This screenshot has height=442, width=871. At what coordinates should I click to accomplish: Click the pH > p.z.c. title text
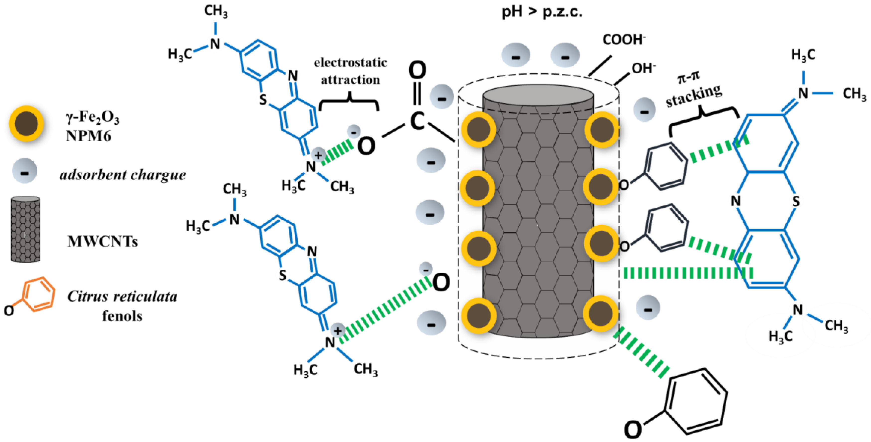pyautogui.click(x=542, y=12)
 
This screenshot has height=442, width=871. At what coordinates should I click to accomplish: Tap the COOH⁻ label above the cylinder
pyautogui.click(x=624, y=40)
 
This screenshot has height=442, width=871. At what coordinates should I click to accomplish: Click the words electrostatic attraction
pyautogui.click(x=350, y=71)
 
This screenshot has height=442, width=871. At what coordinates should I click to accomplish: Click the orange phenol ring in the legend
pyautogui.click(x=40, y=295)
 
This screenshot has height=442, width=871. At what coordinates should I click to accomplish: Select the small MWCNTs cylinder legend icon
pyautogui.click(x=26, y=229)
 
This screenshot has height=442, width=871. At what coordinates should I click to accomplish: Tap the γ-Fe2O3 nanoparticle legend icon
pyautogui.click(x=26, y=123)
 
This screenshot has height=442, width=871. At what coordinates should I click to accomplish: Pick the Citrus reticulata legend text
pyautogui.click(x=122, y=296)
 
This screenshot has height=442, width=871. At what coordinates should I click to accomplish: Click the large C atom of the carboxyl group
pyautogui.click(x=417, y=122)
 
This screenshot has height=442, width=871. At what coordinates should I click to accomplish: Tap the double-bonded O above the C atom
pyautogui.click(x=417, y=71)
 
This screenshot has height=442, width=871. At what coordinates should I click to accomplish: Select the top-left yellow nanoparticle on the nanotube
pyautogui.click(x=478, y=130)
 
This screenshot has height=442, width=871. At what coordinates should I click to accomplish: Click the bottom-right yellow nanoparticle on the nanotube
pyautogui.click(x=601, y=313)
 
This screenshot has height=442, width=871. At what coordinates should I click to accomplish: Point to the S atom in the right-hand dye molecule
pyautogui.click(x=796, y=201)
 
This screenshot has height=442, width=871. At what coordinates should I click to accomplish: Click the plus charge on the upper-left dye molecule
pyautogui.click(x=318, y=155)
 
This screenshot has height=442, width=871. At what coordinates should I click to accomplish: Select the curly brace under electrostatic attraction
pyautogui.click(x=349, y=103)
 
